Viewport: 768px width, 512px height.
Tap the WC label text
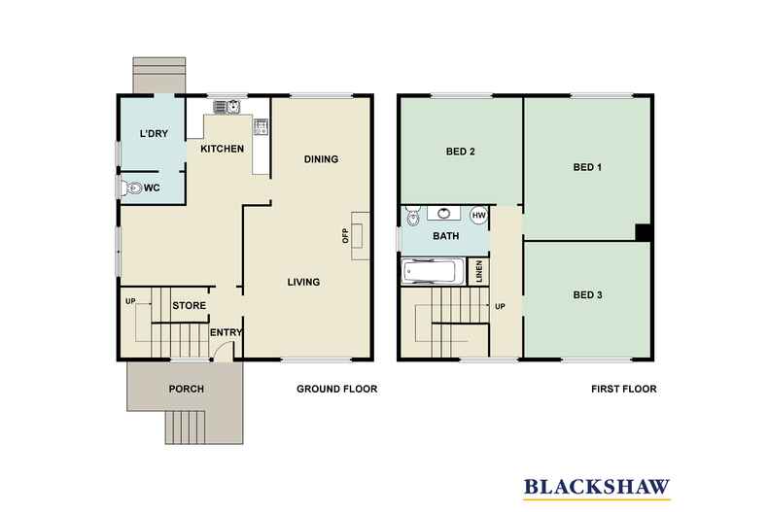152,188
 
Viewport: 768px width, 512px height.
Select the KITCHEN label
222,150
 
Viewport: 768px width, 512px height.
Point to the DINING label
320,159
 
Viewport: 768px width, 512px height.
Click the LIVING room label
303,283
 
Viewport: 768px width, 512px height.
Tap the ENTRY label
226,333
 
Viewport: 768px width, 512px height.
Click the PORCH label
186,389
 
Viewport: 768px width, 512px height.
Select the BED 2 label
460,152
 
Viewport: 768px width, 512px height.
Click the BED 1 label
586,167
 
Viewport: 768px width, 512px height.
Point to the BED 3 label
588,294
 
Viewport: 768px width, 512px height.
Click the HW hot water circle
478,215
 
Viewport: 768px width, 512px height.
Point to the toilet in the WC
128,188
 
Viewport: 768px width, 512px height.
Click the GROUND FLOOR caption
336,389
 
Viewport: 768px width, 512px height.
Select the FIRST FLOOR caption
623,389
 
